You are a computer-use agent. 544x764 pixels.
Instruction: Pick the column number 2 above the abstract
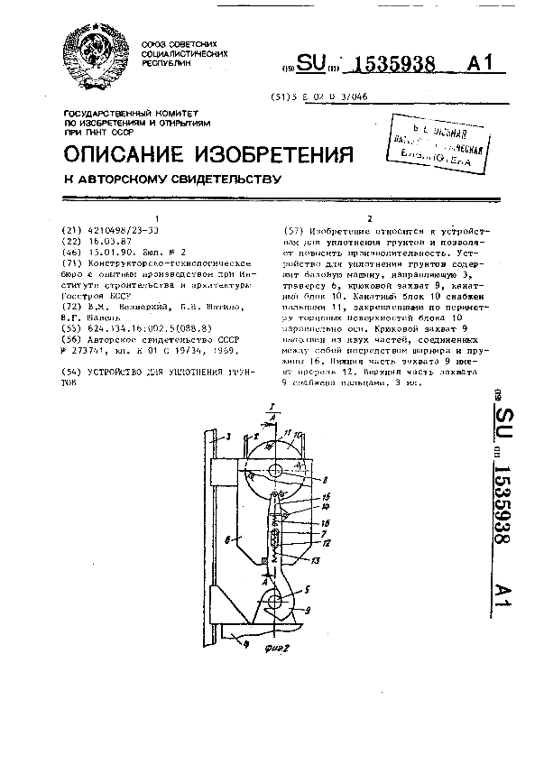coord(369,219)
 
